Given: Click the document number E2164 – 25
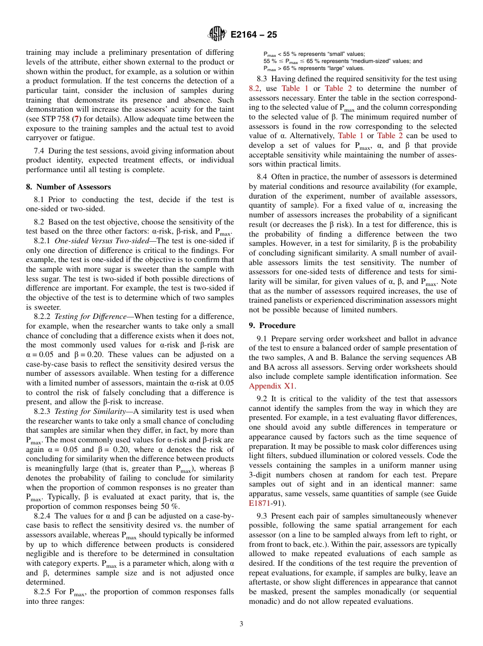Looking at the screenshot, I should [x=254, y=35].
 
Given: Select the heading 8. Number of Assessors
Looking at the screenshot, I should [x=69, y=187].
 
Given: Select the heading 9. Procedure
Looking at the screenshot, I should [x=272, y=326].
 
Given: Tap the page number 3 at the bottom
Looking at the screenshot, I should [x=242, y=624].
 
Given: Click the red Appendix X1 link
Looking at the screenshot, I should [x=272, y=386].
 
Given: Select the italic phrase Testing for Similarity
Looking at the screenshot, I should [x=91, y=411].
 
